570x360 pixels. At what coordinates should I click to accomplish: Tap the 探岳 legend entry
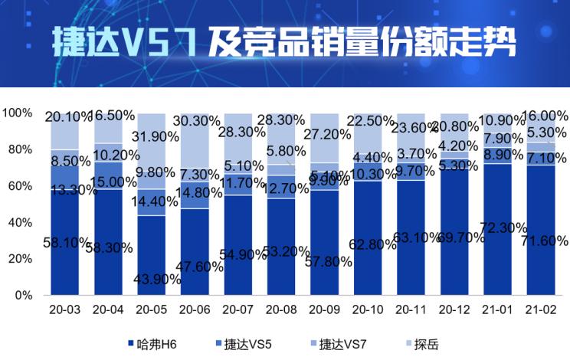[426, 344]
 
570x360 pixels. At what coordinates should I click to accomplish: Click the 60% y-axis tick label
[19, 186]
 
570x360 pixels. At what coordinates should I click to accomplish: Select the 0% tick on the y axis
[23, 295]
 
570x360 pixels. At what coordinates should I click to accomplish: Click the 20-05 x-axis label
[151, 310]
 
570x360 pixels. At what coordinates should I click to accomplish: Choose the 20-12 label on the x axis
[457, 310]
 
